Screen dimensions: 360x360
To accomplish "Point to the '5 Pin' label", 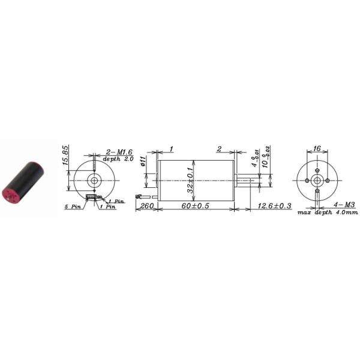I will point(73,206).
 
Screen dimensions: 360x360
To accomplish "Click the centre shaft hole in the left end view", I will point(93,180).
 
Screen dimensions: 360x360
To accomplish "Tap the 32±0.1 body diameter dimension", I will point(190,180).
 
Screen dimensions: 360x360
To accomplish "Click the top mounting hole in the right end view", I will point(317,171).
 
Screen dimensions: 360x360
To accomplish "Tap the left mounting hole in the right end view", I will point(308,180).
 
